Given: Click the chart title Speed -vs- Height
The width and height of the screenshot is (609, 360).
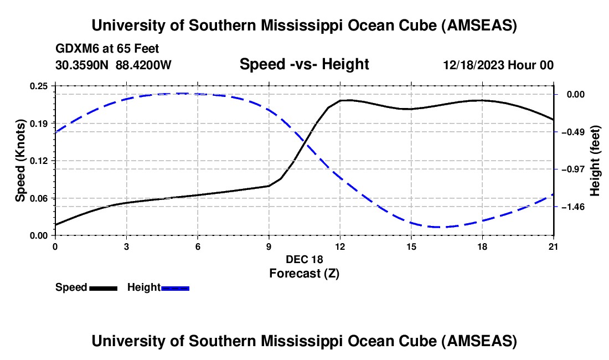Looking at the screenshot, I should coord(304,65).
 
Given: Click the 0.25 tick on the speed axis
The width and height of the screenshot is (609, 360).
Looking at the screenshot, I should coord(39,86).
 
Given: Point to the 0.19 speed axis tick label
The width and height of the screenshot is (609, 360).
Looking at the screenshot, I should coord(39,123).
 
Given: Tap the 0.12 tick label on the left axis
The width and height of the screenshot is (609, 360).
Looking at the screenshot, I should coord(39,161).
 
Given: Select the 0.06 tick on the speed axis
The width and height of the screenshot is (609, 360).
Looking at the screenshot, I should coord(39,198).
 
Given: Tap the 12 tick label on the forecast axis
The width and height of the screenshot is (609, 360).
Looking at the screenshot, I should coord(340,246).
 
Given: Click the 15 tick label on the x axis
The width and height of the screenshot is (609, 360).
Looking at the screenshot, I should coord(411,246).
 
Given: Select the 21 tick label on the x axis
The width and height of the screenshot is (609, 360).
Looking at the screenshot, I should coord(554,246).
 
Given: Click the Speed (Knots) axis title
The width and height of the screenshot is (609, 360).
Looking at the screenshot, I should coord(20,161).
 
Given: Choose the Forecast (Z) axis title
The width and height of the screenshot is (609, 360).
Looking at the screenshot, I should coord(304,273).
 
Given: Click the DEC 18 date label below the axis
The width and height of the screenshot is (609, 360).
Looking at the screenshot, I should coord(304,259).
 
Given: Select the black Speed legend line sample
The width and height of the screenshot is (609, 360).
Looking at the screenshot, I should coord(103,288).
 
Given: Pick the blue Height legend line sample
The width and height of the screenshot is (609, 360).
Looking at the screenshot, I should coord(176,288).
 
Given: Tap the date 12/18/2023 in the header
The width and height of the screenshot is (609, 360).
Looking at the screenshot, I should coord(473,65).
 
